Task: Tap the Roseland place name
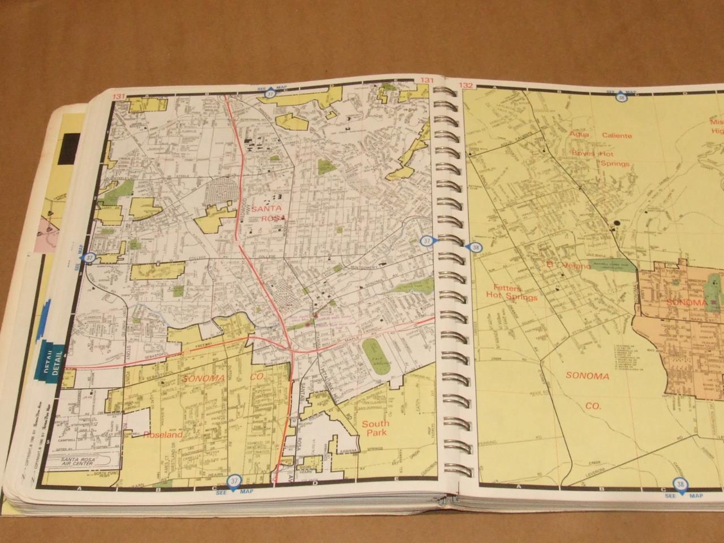pos(163,435)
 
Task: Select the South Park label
pos(375,428)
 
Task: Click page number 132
pos(466,86)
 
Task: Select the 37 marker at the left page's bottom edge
pos(233,481)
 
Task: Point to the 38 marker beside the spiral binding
pos(474,247)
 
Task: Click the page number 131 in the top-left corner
pos(118,97)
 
